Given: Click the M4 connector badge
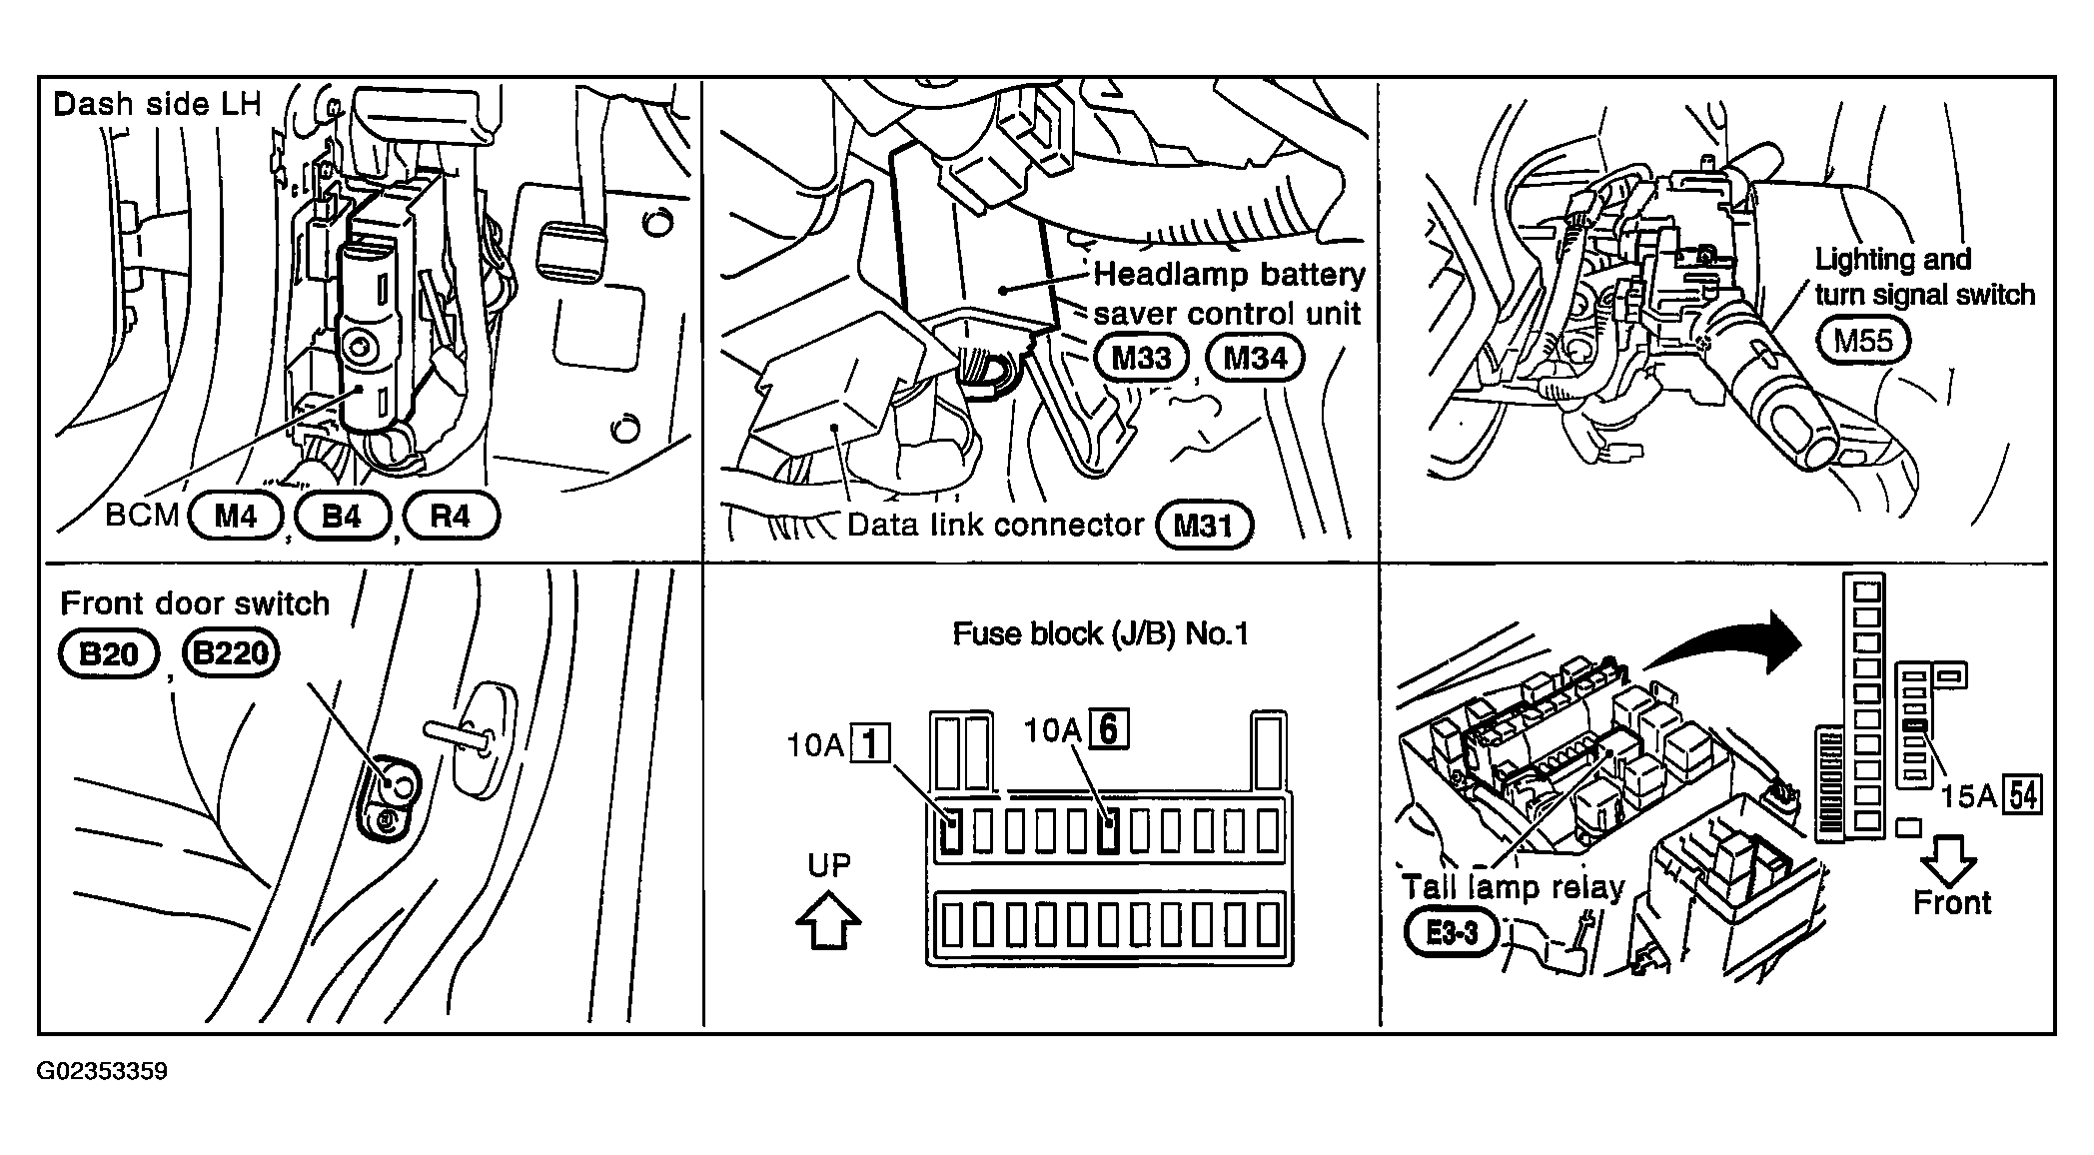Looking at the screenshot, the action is click(236, 516).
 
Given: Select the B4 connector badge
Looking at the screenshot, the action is click(342, 516).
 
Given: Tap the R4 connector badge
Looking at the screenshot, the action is click(451, 516).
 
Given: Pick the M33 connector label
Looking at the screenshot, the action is click(1141, 358).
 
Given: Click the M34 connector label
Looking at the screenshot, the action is click(1255, 358).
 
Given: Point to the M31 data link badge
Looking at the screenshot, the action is click(1203, 526).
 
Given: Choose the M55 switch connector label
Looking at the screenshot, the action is click(1863, 341).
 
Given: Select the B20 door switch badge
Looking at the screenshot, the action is click(108, 654).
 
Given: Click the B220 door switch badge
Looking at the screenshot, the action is click(231, 653).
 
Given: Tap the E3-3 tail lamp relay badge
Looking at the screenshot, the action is click(1451, 934).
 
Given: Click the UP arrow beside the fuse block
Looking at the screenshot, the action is click(828, 919).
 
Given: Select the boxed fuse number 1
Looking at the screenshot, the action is click(870, 745).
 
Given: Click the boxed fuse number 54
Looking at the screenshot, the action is click(2024, 795).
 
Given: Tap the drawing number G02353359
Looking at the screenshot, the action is click(103, 1072).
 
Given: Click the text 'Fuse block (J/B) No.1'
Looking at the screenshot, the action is click(1100, 633).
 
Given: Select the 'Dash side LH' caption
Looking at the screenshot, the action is click(157, 104).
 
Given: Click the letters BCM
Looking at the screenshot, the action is click(142, 516).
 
